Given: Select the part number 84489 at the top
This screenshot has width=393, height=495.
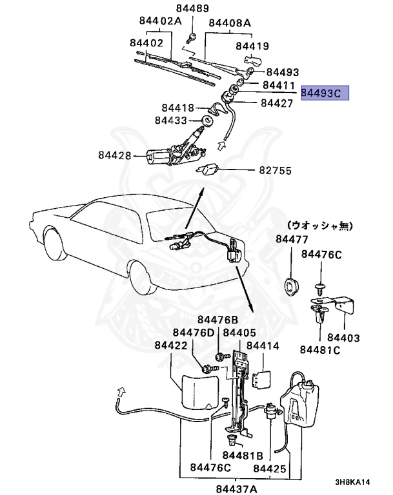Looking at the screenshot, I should point(193,8).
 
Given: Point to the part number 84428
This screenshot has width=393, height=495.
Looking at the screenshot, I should point(116,155).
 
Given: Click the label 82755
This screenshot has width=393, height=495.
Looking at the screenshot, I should point(276,171).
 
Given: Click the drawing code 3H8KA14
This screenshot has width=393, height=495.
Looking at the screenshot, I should point(352,481).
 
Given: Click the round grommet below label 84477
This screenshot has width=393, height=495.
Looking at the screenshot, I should point(293,284).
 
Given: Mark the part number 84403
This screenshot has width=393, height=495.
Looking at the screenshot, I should point(343,338).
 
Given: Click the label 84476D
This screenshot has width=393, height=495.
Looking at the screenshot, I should point(193,333).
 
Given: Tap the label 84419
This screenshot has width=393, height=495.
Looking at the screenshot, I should point(252,46).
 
